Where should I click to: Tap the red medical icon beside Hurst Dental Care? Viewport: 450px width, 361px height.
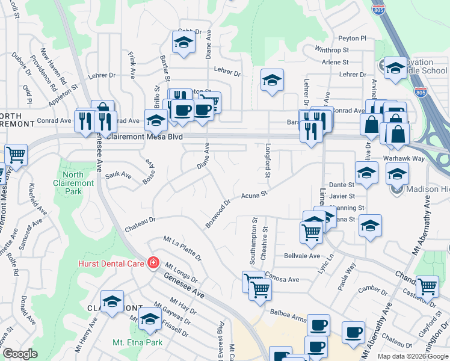pos(153,263)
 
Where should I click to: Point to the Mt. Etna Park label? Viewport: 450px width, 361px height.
pos(138,342)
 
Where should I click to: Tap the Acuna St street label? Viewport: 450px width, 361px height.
pos(254,195)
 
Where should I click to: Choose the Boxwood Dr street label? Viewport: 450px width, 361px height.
pos(218,214)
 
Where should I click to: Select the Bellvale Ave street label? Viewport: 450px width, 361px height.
pos(302,256)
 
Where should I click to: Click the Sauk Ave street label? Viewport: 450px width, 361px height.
pos(118,174)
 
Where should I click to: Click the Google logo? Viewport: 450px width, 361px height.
pos(20,354)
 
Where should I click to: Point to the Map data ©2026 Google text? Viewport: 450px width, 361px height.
pos(413,356)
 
